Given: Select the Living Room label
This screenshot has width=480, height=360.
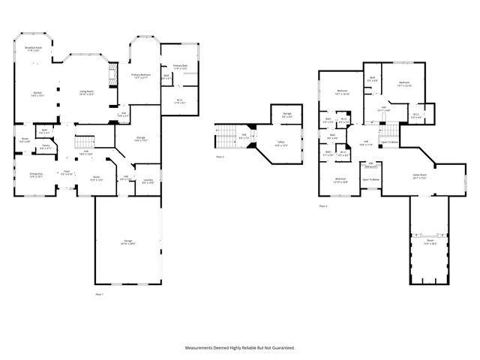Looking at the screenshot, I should pyautogui.click(x=87, y=92).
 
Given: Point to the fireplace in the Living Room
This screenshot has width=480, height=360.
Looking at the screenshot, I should pyautogui.click(x=113, y=75).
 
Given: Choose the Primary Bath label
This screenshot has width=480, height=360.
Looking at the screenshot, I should pyautogui.click(x=181, y=67).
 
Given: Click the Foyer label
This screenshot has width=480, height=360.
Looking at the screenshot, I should pyautogui.click(x=66, y=172).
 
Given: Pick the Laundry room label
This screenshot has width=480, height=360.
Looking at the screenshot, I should pyautogui.click(x=148, y=181).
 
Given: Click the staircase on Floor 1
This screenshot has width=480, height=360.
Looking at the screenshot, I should pyautogui.click(x=86, y=142).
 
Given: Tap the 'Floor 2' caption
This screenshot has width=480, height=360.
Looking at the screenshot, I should pyautogui.click(x=220, y=157).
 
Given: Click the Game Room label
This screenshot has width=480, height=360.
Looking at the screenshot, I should pyautogui.click(x=419, y=176).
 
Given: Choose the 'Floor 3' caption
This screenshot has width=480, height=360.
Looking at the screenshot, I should pyautogui.click(x=322, y=205).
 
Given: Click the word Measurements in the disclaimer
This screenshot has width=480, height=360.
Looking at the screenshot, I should pyautogui.click(x=203, y=347).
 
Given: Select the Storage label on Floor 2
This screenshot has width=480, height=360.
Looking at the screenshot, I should pyautogui.click(x=286, y=115).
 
